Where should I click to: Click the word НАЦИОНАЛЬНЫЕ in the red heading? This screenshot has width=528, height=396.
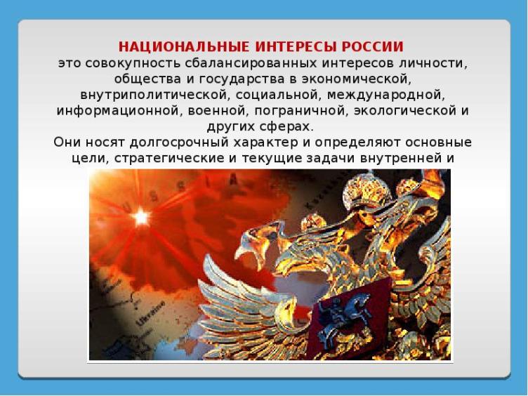pyautogui.click(x=184, y=46)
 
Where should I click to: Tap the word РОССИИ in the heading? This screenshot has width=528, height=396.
pyautogui.click(x=372, y=46)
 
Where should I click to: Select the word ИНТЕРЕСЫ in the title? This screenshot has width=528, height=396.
pyautogui.click(x=296, y=46)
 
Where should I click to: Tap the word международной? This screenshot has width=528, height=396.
pyautogui.click(x=386, y=95)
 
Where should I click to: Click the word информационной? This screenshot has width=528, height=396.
pyautogui.click(x=117, y=111)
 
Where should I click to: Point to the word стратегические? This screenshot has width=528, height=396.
pyautogui.click(x=169, y=158)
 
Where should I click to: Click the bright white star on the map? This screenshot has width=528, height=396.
pyautogui.click(x=141, y=217)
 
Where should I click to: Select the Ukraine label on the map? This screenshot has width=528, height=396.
pyautogui.click(x=151, y=313)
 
